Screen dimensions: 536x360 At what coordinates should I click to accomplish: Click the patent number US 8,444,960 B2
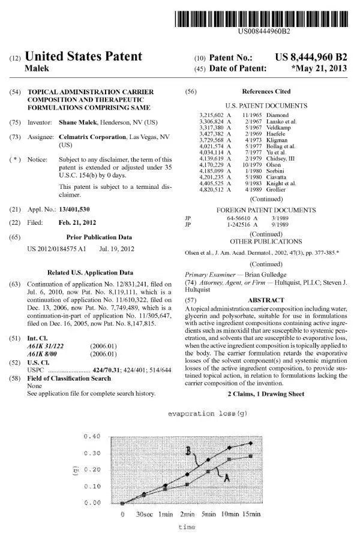[x=311, y=58]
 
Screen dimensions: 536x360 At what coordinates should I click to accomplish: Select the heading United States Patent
[x=83, y=57]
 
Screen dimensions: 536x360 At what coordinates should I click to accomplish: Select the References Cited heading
[x=266, y=91]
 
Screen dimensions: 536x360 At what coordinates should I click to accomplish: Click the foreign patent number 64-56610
[x=234, y=219]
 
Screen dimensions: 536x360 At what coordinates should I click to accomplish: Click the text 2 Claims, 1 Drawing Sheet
[x=266, y=393]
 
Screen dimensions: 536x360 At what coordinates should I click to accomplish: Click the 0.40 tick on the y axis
[x=92, y=436]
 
